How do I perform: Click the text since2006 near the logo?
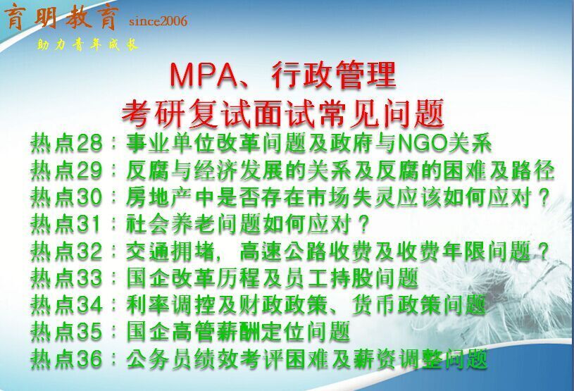point(158,21)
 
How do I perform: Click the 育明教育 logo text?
point(62,17)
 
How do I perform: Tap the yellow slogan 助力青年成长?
point(87,45)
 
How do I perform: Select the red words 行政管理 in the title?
point(334,75)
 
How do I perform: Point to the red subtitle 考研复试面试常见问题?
point(283,113)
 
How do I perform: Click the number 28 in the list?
point(89,143)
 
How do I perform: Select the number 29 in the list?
point(89,170)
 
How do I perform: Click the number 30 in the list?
point(89,197)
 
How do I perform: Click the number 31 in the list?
point(89,224)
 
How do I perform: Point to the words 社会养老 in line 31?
point(170,224)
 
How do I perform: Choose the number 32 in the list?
point(89,251)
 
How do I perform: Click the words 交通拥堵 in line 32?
point(170,251)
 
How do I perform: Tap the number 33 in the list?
point(89,278)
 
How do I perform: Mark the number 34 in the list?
point(89,305)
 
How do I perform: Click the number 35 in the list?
point(89,332)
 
